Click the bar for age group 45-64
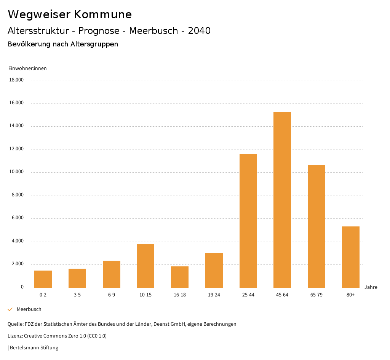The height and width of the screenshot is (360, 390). point(282,200)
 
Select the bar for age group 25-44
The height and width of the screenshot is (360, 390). point(248,221)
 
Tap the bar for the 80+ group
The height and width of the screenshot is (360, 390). point(350,257)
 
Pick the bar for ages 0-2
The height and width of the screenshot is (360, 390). point(43,279)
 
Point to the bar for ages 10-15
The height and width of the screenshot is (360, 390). point(145,266)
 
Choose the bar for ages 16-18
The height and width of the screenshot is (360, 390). point(180,277)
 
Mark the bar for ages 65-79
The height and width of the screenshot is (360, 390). point(316,226)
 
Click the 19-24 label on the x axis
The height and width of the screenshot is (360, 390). point(214,295)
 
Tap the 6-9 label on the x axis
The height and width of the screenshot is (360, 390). point(112,295)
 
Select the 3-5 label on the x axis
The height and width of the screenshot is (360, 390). point(77,295)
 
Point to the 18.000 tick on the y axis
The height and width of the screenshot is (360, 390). point(16,80)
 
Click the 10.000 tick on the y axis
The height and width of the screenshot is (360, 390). point(16,172)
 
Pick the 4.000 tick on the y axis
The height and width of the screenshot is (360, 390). point(18,241)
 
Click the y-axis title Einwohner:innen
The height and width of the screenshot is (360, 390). point(27,68)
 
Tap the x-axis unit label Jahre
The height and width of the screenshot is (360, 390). point(371,287)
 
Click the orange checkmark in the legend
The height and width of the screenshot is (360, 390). point(10,309)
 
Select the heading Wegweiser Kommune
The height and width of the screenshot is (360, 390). point(70,14)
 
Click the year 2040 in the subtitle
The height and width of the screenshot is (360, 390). point(199,31)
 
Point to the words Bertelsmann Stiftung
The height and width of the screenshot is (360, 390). point(34,347)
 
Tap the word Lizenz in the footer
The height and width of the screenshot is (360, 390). point(15,336)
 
